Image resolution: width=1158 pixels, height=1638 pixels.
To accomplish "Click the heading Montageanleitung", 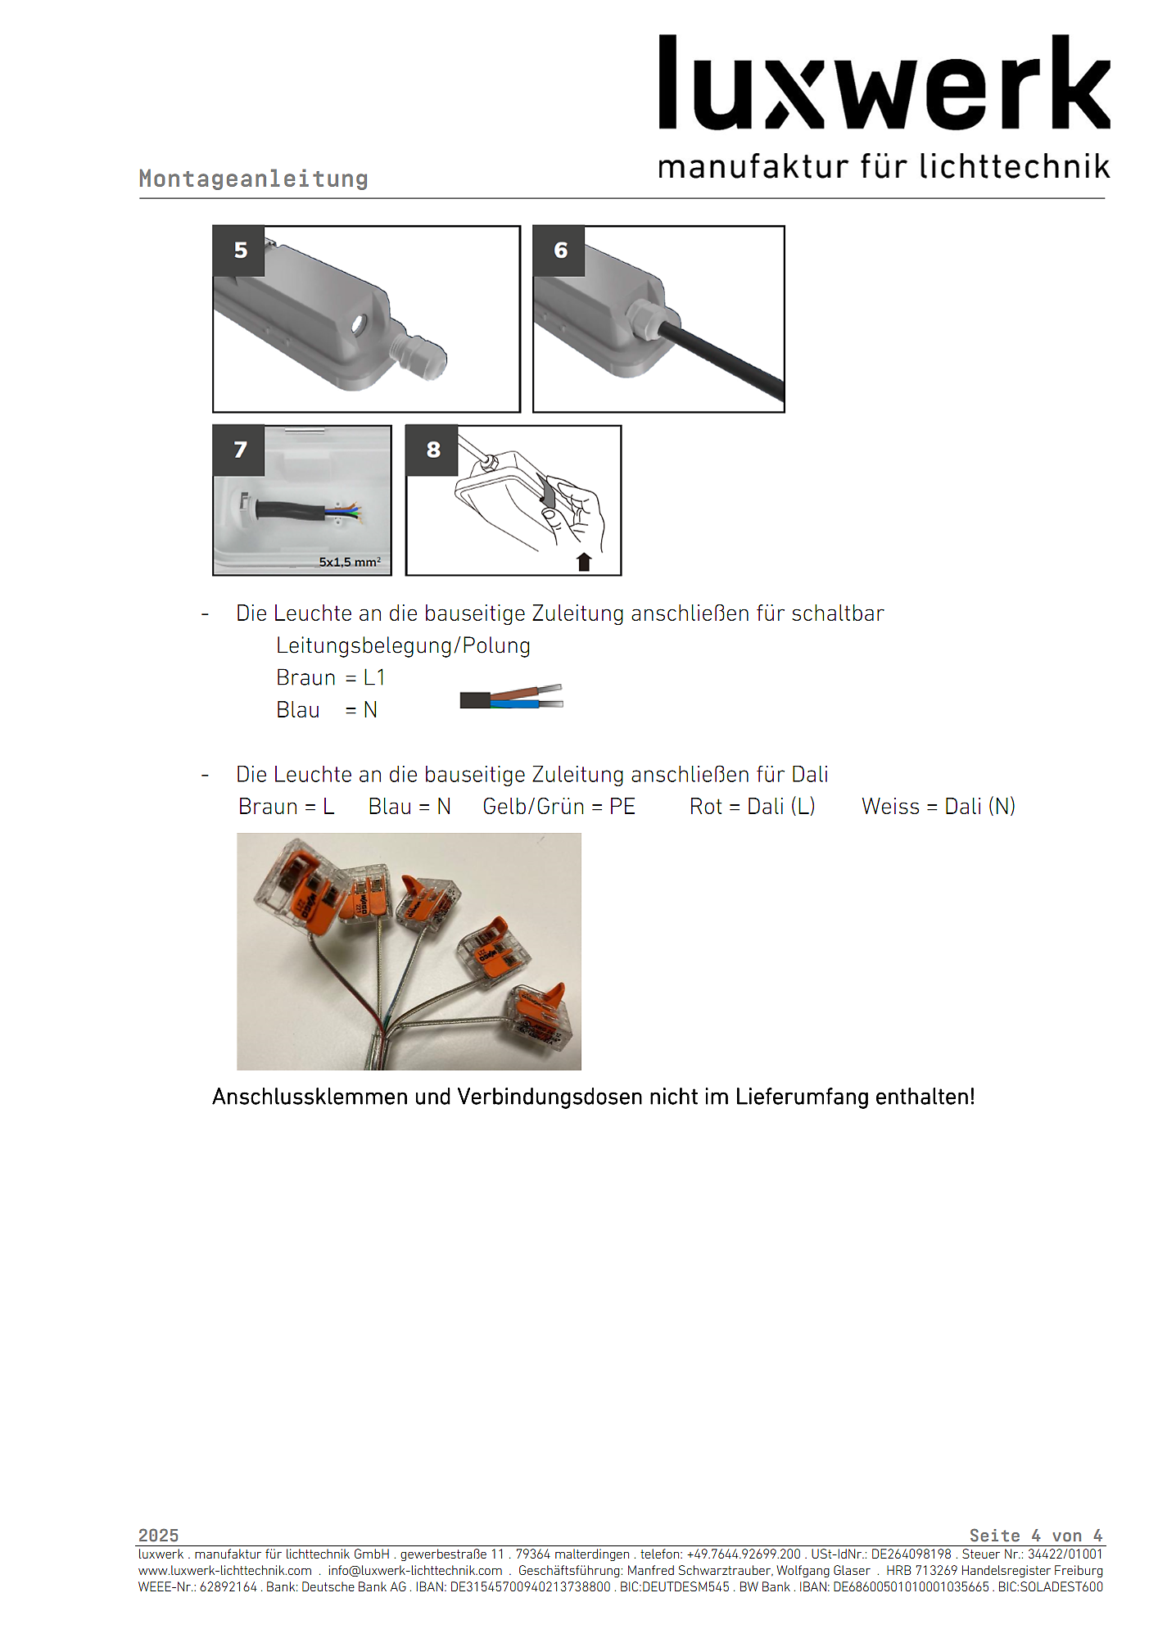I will pyautogui.click(x=253, y=179).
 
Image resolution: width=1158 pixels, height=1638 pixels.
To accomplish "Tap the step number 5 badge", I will pyautogui.click(x=239, y=251).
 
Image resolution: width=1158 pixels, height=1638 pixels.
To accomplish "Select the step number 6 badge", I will pyautogui.click(x=560, y=251).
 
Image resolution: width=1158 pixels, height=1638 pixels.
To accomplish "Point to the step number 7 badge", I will pyautogui.click(x=239, y=450).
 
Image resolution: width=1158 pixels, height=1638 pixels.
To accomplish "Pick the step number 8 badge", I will pyautogui.click(x=432, y=450).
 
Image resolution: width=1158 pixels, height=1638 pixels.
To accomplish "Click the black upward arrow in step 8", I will pyautogui.click(x=584, y=562).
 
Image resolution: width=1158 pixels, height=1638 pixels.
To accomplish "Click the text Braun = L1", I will pyautogui.click(x=330, y=677).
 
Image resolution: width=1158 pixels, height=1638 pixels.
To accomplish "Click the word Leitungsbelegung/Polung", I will pyautogui.click(x=403, y=645).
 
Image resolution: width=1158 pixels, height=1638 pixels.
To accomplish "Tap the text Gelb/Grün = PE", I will pyautogui.click(x=559, y=807).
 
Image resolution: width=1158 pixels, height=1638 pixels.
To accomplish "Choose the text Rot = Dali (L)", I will pyautogui.click(x=752, y=807).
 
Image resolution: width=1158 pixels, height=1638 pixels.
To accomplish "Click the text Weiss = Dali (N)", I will pyautogui.click(x=938, y=807).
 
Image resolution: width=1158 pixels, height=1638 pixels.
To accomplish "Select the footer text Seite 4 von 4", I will pyautogui.click(x=1035, y=1536).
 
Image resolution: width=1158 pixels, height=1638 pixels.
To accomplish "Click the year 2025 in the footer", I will pyautogui.click(x=158, y=1536).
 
